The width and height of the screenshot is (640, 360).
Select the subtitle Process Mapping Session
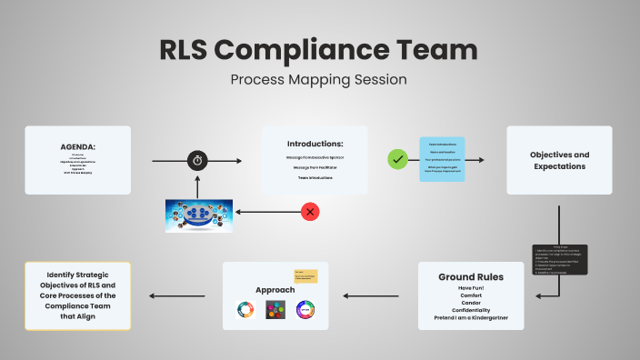coord(318,79)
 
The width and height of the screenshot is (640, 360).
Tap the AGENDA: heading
coord(78,146)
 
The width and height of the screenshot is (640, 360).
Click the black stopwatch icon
coord(198,161)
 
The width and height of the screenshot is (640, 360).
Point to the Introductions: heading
coord(315,144)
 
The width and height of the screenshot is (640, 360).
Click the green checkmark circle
coord(397,159)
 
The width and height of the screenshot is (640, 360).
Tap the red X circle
coord(311,212)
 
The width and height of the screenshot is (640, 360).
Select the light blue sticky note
coord(442,159)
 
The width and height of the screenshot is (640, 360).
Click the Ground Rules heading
coord(470,276)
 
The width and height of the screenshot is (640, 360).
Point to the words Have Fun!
coord(470,288)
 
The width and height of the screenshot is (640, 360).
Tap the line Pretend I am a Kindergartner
coord(470,317)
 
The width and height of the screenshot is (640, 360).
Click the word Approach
coord(275,290)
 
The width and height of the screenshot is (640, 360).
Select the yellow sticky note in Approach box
coord(305,275)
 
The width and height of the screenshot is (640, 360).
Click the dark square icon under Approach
coord(275,309)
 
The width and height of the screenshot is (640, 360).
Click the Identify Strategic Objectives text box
coord(77,296)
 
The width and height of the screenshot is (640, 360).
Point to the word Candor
coord(470,303)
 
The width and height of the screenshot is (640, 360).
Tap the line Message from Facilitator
coord(315,167)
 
